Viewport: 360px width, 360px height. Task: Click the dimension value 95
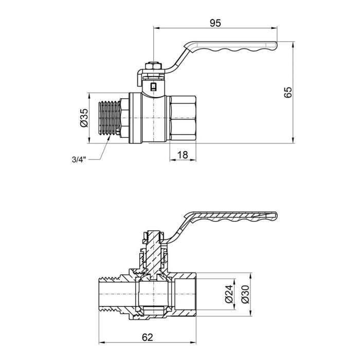click(x=215, y=22)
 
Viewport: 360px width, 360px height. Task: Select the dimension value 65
click(x=288, y=92)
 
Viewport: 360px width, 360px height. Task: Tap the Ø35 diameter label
click(x=84, y=118)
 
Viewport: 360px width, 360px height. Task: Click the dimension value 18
click(x=183, y=154)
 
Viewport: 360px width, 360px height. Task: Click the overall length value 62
click(x=148, y=337)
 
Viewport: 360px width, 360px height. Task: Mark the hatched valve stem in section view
click(x=153, y=252)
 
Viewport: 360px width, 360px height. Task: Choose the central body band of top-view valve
click(x=149, y=118)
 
